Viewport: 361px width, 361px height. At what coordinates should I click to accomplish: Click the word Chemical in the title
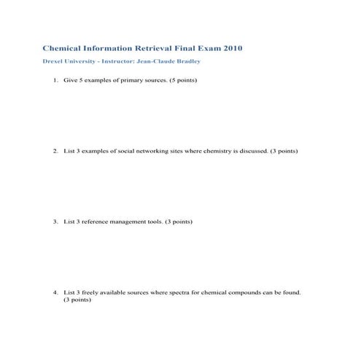coord(62,48)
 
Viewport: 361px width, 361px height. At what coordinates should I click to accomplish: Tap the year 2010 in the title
coord(230,48)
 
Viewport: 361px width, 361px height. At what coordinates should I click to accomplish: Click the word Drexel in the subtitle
coord(53,61)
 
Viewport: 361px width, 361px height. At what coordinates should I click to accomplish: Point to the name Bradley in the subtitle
coord(185,61)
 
